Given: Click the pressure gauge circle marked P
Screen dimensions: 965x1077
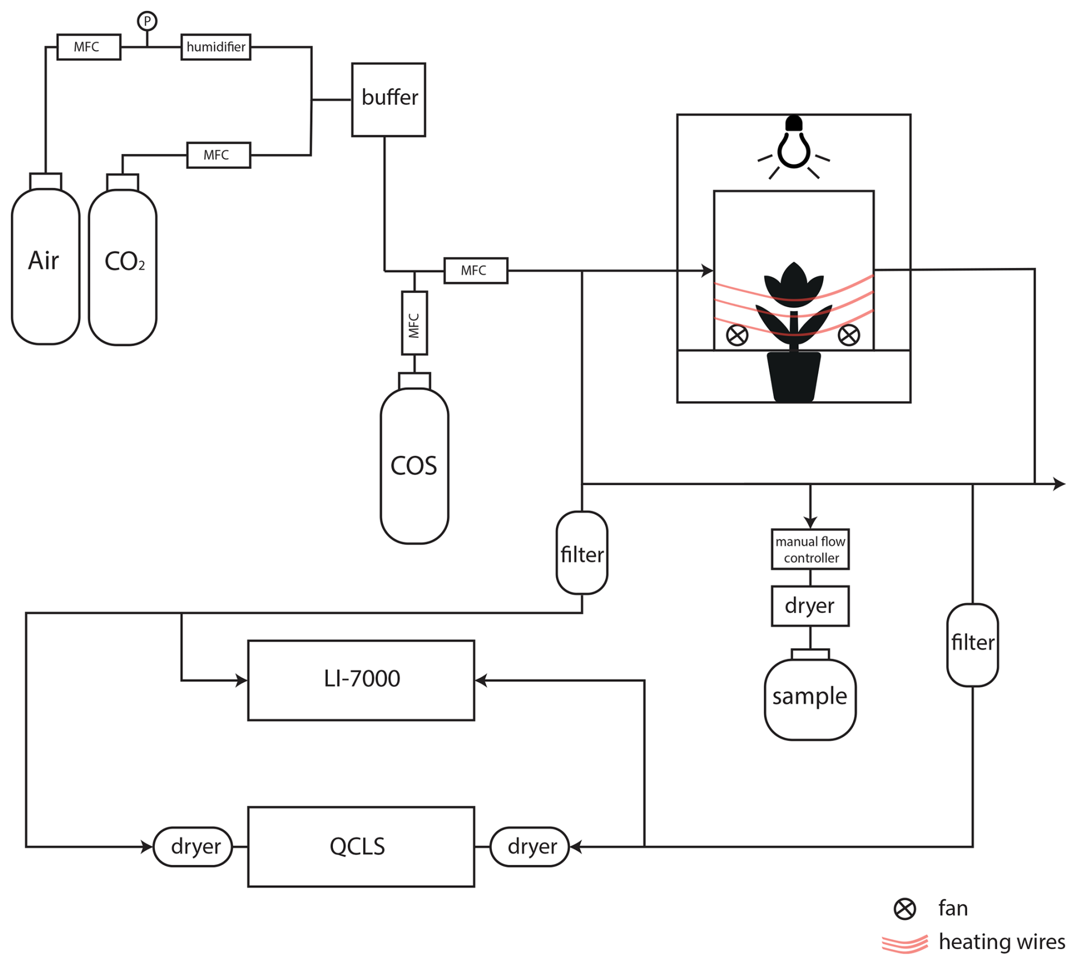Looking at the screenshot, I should pyautogui.click(x=147, y=22).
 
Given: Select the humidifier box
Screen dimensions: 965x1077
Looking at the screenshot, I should pyautogui.click(x=216, y=47).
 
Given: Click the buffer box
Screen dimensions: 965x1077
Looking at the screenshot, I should pyautogui.click(x=389, y=100).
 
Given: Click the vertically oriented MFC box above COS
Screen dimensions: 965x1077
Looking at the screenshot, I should pyautogui.click(x=414, y=323).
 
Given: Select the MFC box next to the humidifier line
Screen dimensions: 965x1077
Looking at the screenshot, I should pyautogui.click(x=89, y=47).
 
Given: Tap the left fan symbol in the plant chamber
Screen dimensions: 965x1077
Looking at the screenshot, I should pyautogui.click(x=737, y=335).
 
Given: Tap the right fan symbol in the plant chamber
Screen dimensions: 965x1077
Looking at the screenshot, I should pyautogui.click(x=849, y=335).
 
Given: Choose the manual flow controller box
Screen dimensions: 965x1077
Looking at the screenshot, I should pyautogui.click(x=810, y=549).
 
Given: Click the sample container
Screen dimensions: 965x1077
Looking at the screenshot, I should pyautogui.click(x=810, y=697).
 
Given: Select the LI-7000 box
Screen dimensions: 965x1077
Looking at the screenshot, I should pyautogui.click(x=361, y=680).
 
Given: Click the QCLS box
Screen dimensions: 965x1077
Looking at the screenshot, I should pyautogui.click(x=361, y=846).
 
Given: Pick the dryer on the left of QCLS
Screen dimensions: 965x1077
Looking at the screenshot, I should pyautogui.click(x=193, y=847).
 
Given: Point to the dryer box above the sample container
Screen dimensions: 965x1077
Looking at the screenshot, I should pyautogui.click(x=810, y=606).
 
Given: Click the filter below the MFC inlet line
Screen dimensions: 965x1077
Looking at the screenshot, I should pyautogui.click(x=582, y=553).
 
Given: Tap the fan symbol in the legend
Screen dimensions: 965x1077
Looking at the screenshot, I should pyautogui.click(x=905, y=909).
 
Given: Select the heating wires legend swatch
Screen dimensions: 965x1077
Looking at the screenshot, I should pyautogui.click(x=905, y=943).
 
